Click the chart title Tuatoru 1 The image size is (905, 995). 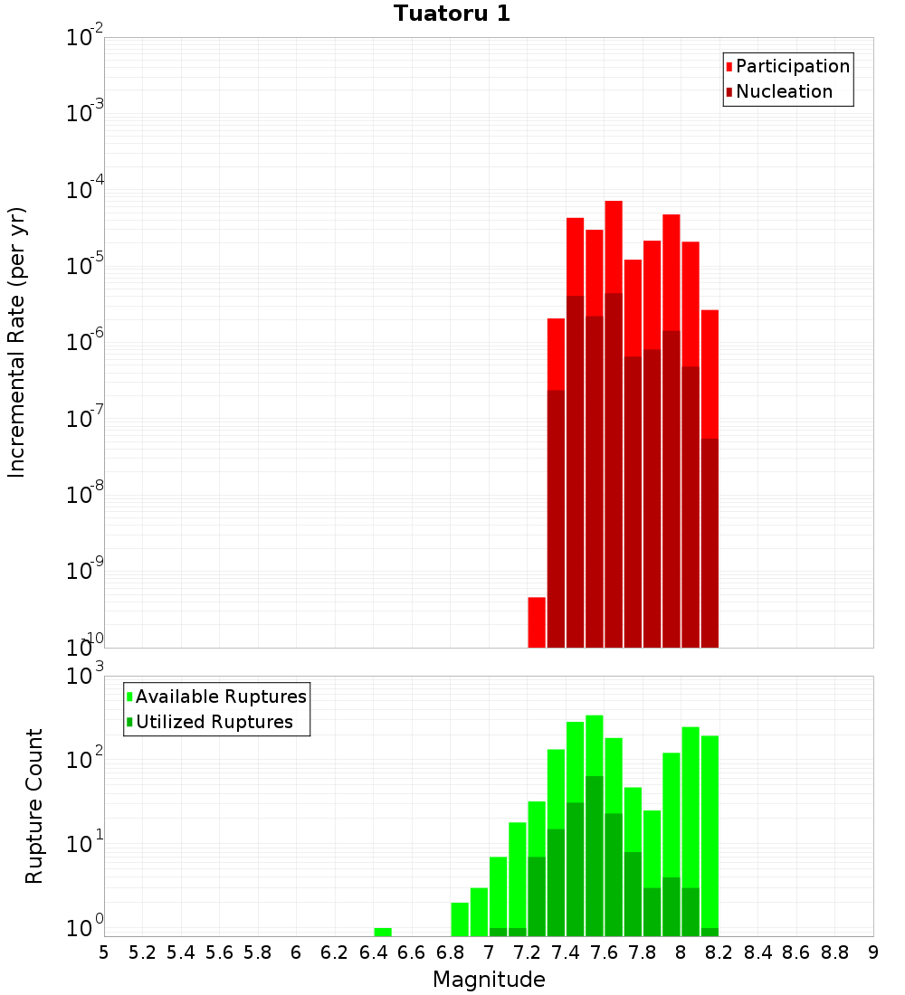tap(452, 14)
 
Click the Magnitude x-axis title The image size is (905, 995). tap(489, 979)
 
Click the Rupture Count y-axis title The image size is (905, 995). tap(33, 805)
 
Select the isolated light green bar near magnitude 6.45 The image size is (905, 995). tap(383, 932)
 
